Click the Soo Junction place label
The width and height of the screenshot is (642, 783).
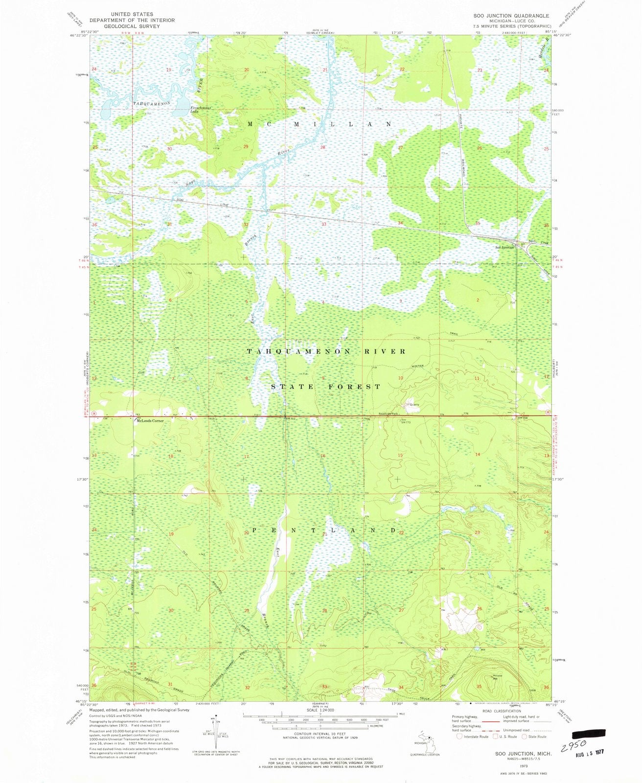click(504, 247)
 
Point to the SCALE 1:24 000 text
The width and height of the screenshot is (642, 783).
click(321, 710)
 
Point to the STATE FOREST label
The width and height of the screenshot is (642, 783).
click(326, 387)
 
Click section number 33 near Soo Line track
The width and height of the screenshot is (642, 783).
click(323, 224)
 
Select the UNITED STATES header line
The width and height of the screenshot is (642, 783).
click(132, 15)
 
